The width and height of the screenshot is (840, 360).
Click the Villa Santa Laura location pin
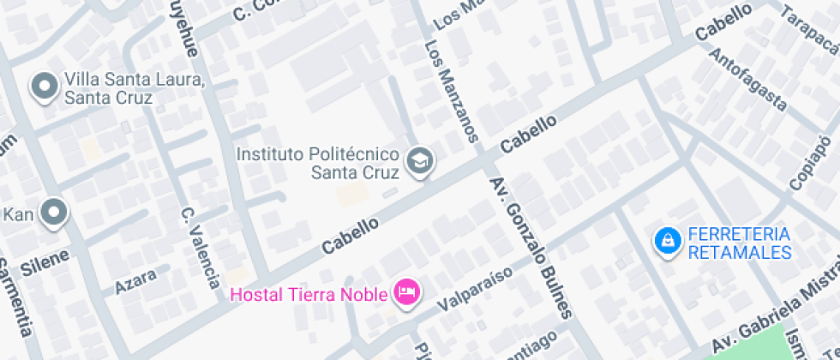[44, 87]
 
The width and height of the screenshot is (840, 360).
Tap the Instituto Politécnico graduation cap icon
[419, 160]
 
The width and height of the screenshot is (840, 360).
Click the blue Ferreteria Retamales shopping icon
[666, 243]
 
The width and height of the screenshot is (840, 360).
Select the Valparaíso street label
[474, 289]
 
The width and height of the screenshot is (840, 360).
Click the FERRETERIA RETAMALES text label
[739, 243]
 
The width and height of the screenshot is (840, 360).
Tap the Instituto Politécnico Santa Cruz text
[318, 163]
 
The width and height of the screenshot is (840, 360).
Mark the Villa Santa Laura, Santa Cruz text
[135, 89]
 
